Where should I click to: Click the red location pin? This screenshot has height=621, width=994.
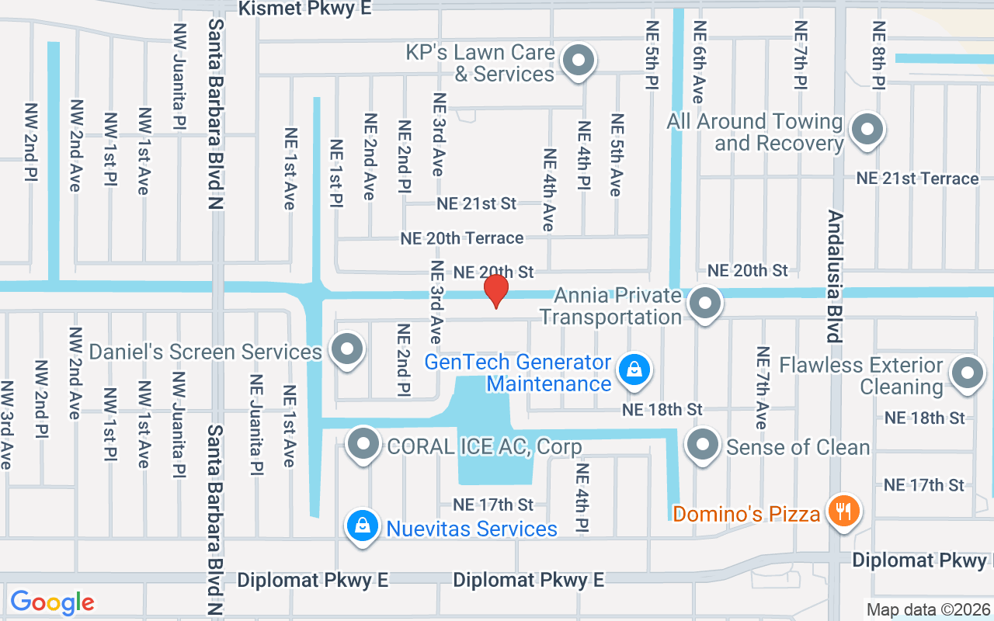pyautogui.click(x=496, y=290)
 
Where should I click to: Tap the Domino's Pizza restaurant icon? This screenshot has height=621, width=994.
pyautogui.click(x=842, y=512)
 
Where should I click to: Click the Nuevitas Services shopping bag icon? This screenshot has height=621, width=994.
pyautogui.click(x=362, y=526)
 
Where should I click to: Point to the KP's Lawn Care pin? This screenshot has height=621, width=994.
pyautogui.click(x=578, y=61)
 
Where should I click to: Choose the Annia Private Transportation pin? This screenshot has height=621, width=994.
pyautogui.click(x=705, y=303)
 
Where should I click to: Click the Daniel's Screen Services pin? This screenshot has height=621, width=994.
pyautogui.click(x=346, y=349)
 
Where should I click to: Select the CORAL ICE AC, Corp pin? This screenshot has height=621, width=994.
pyautogui.click(x=363, y=445)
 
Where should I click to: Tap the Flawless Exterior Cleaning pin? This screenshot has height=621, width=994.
pyautogui.click(x=968, y=373)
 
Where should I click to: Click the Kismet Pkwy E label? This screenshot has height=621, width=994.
pyautogui.click(x=305, y=8)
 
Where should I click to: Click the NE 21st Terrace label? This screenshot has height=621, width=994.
pyautogui.click(x=917, y=179)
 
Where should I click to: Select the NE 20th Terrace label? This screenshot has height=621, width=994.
pyautogui.click(x=462, y=238)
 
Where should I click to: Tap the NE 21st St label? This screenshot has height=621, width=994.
pyautogui.click(x=476, y=203)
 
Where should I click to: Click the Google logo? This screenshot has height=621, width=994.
pyautogui.click(x=52, y=602)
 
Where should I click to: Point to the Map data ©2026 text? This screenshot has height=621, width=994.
pyautogui.click(x=927, y=609)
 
